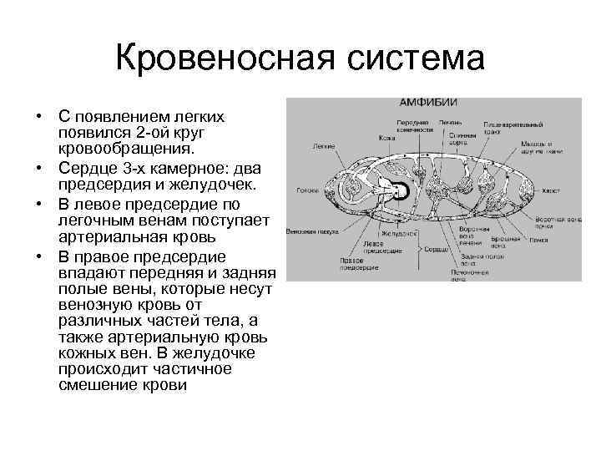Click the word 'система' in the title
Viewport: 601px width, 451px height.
click(x=417, y=59)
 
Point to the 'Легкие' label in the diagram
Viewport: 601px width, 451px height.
click(x=325, y=145)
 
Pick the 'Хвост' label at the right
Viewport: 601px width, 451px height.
click(x=550, y=190)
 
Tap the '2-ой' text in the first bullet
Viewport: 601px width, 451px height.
click(x=154, y=133)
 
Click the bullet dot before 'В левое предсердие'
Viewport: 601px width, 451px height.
click(x=39, y=203)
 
